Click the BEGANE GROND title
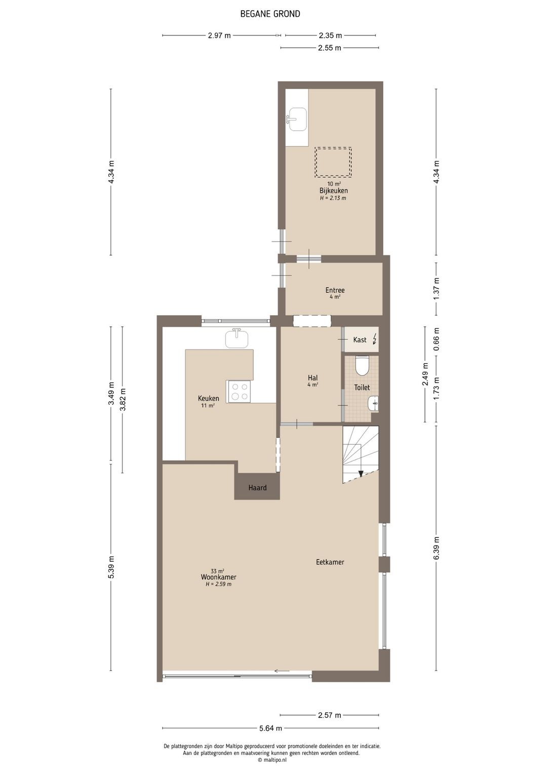270,14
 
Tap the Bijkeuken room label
333,190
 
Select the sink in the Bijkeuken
297,119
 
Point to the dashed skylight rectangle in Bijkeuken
333,162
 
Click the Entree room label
335,290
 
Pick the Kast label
360,339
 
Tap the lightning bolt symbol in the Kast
374,339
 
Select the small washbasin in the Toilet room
373,404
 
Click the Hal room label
313,378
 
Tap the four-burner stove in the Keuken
239,392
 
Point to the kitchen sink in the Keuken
237,338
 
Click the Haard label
257,488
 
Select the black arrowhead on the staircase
361,474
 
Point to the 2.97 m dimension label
219,35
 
